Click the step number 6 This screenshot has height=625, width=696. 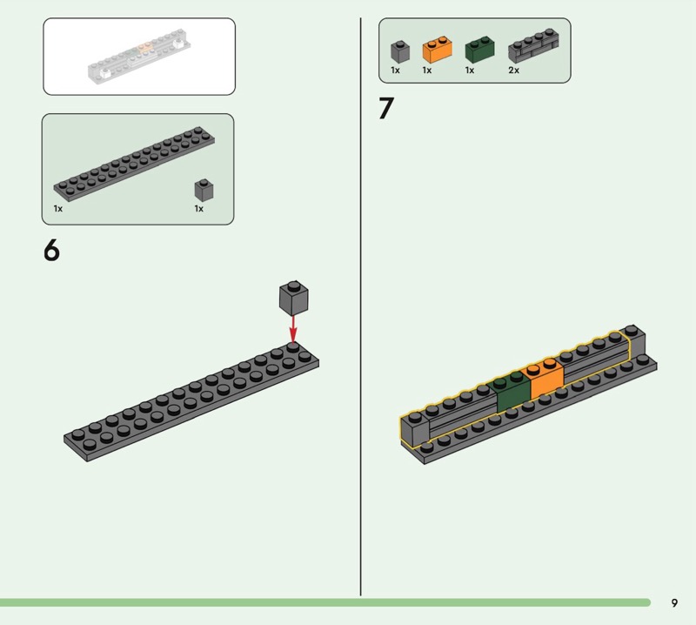51,251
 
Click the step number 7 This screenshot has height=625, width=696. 385,108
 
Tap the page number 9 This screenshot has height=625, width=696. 674,602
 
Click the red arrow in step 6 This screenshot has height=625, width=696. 293,329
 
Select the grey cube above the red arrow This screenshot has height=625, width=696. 293,298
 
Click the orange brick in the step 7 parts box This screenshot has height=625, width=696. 438,50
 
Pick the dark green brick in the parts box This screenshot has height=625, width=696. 479,50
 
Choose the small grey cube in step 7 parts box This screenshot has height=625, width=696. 400,51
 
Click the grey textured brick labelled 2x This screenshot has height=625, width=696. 533,46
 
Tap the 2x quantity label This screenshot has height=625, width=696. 513,71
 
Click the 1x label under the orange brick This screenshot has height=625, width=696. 427,71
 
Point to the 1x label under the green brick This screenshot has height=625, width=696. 470,71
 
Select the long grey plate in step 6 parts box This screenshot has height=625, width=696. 134,164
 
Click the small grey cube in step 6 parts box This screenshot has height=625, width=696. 204,190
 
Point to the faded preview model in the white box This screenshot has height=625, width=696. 139,57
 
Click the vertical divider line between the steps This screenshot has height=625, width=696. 360,306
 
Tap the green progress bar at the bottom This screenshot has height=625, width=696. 325,602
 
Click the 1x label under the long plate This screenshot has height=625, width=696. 58,209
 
